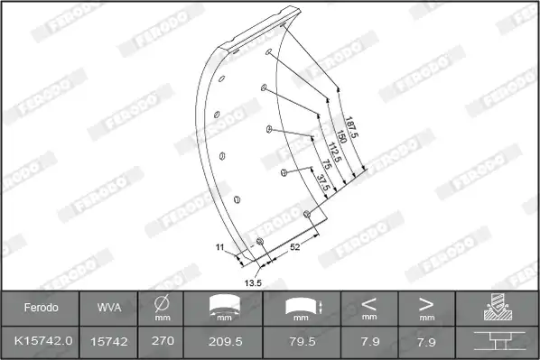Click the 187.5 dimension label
(352, 127)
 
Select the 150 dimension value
(341, 136)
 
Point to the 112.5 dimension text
(334, 152)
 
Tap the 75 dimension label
(327, 164)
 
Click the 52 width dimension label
(294, 247)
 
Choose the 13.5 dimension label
(253, 283)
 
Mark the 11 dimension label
(219, 247)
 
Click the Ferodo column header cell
(41, 308)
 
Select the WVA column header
(109, 308)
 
